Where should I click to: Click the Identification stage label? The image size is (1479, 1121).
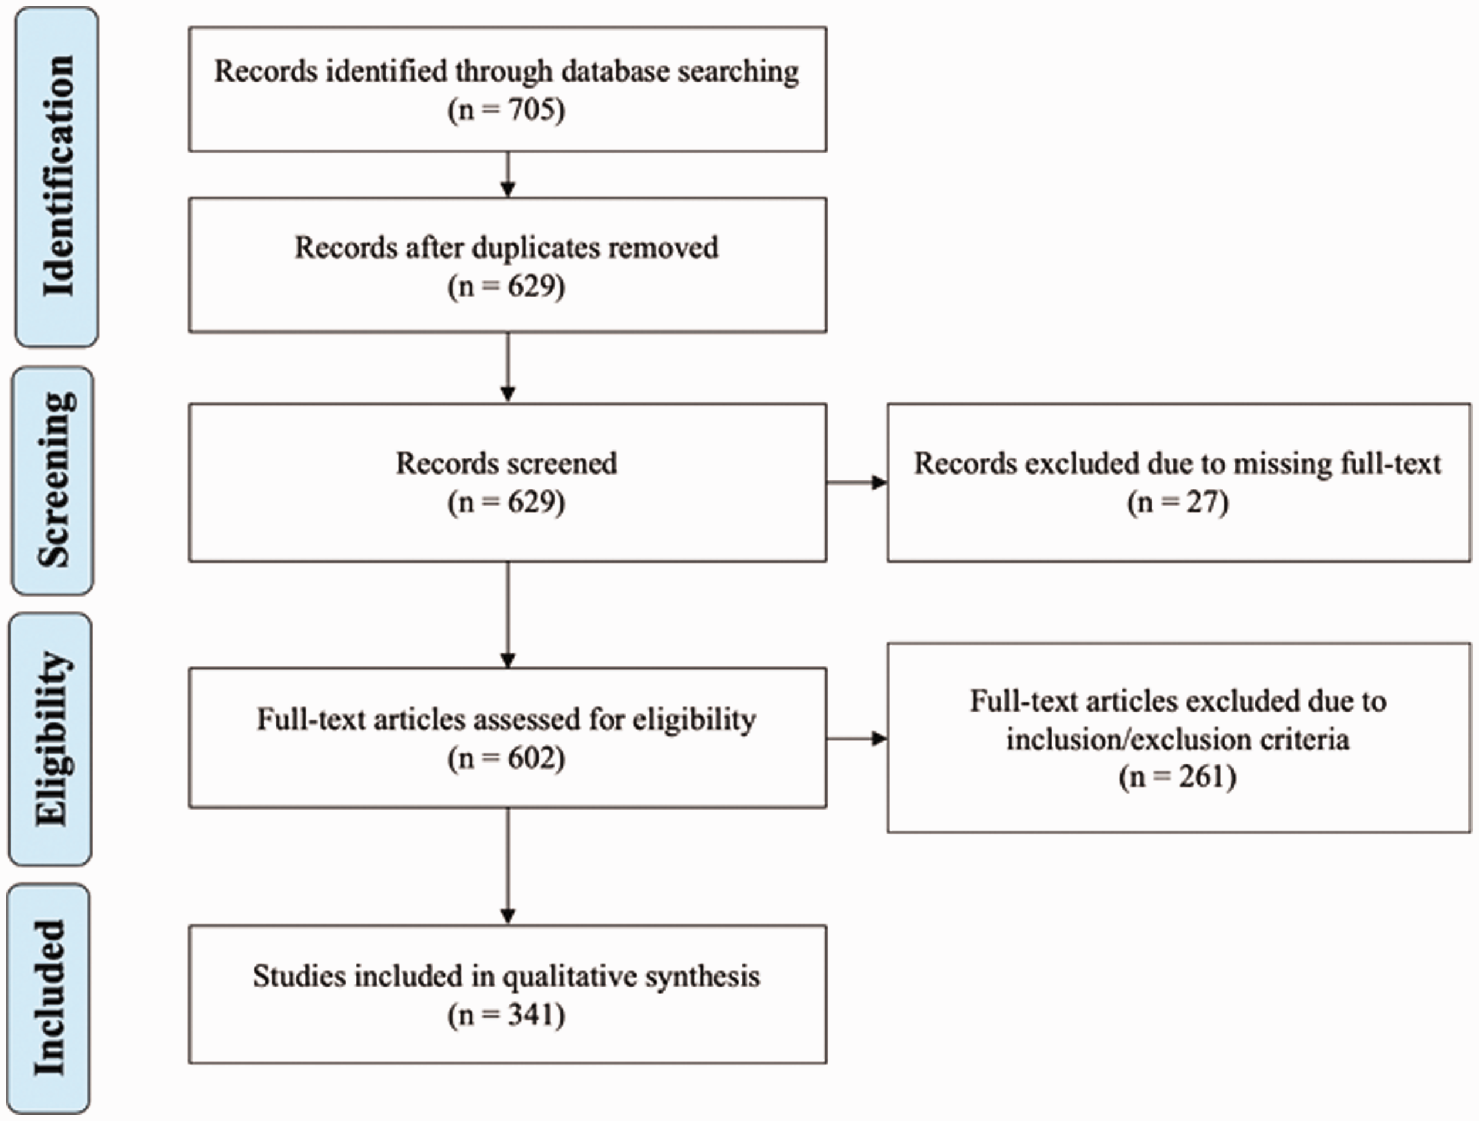58,176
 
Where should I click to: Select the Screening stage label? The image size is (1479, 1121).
55,480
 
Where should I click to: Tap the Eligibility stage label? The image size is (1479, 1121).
52,739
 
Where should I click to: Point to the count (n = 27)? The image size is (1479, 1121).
1178,503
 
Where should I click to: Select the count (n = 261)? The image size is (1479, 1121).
1178,777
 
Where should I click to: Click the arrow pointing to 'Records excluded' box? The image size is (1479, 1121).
857,483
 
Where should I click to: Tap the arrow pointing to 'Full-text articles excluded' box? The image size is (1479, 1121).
857,739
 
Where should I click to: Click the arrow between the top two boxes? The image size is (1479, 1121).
508,174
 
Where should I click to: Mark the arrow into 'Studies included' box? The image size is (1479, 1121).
508,866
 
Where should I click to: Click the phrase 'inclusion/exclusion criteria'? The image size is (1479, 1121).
1178,740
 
